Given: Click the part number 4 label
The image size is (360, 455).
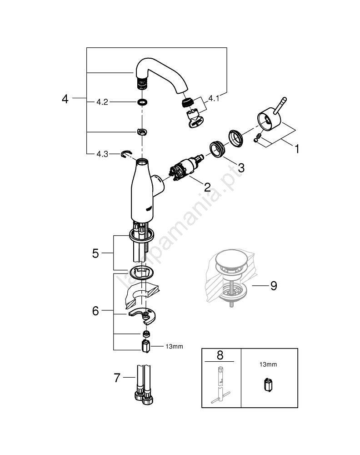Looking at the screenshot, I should coord(65,98).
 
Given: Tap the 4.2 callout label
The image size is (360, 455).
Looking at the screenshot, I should coord(102,102).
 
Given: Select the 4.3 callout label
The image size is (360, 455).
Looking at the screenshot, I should coord(102,154).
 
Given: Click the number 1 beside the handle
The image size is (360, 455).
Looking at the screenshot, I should coord(296,149).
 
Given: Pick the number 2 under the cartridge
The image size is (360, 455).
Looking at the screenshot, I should coord(207,187).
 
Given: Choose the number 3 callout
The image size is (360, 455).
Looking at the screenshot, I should coord(241,167).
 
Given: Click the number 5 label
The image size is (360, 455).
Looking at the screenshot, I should coord(95,253).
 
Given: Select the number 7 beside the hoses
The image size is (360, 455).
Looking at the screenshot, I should coord(117,378).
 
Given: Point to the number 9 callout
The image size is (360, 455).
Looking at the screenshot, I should coord(273,286).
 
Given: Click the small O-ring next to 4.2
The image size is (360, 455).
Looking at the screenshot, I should coord(142,102).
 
